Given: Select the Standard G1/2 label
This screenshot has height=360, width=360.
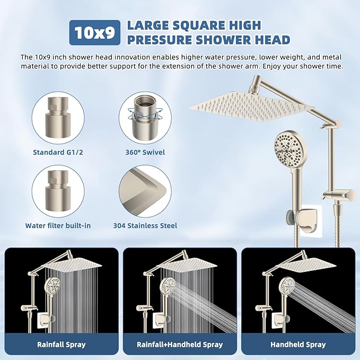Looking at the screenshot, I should click(57, 152).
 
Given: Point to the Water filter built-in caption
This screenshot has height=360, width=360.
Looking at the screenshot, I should click(58, 225).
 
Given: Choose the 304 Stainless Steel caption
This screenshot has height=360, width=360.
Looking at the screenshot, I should click(145, 225).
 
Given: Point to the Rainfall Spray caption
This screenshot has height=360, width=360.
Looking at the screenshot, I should click(62, 345).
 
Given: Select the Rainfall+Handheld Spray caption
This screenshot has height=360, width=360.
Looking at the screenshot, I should click(180, 345).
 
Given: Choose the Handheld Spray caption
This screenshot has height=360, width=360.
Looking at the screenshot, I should click(298, 345).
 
